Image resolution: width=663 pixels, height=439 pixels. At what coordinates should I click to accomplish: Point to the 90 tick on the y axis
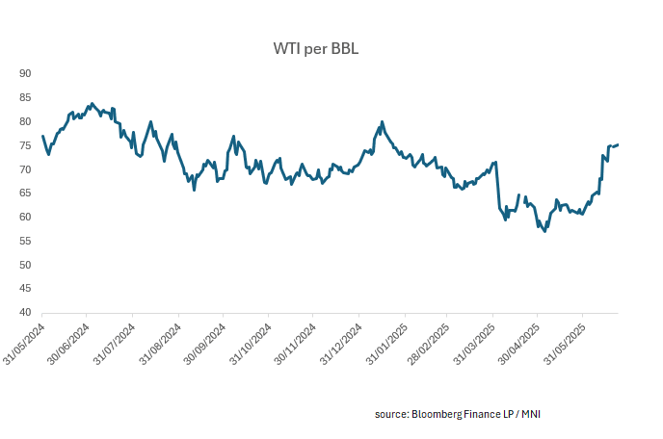tap(26, 74)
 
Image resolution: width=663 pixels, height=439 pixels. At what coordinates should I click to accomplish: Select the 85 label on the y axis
tap(26, 98)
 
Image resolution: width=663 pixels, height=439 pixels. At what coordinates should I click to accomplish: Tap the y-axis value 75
tap(26, 145)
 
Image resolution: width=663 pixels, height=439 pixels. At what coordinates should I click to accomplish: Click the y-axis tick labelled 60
tap(26, 218)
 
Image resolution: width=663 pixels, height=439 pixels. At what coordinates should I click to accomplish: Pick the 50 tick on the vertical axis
tap(26, 265)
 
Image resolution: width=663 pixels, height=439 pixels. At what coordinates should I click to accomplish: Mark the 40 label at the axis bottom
tap(26, 313)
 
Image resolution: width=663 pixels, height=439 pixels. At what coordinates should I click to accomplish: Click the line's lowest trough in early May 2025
tap(545, 231)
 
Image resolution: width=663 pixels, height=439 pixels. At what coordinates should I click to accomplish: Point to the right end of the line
tap(618, 144)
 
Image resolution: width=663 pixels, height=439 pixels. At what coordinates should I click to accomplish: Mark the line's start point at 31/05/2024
tap(42, 136)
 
